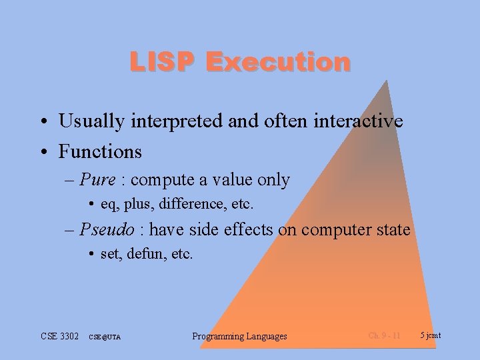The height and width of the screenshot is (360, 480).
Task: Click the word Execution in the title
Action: (x=278, y=62)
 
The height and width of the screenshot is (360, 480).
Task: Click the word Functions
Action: (x=100, y=152)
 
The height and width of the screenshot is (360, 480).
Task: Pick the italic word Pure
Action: (x=97, y=180)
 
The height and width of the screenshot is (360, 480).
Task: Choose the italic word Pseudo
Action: (x=106, y=230)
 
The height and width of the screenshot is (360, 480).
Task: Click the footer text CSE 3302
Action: (x=61, y=336)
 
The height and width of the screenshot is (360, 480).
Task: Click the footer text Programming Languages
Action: (x=239, y=336)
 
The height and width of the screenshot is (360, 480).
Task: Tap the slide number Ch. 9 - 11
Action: (x=384, y=335)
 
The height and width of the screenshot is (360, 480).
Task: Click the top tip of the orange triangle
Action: (x=387, y=81)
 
